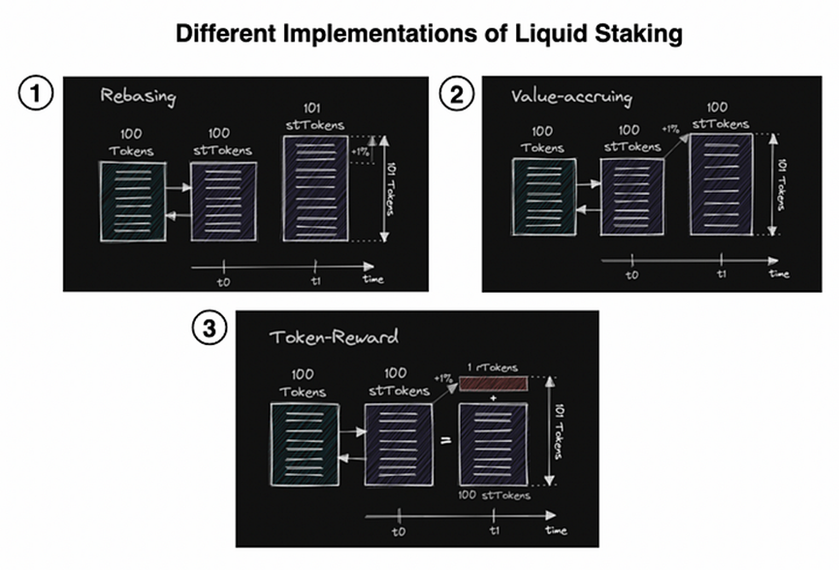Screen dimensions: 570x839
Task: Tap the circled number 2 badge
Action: [456, 95]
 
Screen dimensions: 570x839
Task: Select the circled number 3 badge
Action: [209, 329]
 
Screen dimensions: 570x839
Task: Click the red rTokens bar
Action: [494, 385]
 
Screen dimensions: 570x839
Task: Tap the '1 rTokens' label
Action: [492, 368]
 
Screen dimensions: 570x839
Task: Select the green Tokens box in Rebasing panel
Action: [132, 202]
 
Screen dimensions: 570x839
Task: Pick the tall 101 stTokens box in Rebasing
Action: [316, 188]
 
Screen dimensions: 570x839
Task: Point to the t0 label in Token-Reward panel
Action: [398, 534]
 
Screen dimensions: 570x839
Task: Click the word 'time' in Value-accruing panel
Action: [780, 273]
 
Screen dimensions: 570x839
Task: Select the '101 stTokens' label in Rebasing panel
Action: [316, 116]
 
